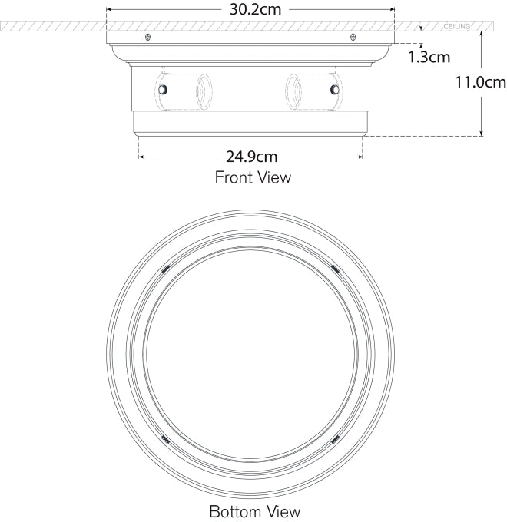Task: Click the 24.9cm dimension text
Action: [251, 157]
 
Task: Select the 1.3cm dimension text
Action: [429, 57]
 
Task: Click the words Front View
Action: [253, 178]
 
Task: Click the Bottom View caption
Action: [254, 510]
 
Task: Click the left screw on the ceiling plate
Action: [147, 38]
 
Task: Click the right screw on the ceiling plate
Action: [353, 38]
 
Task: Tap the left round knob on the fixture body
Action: [162, 90]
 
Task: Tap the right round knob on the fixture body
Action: [334, 90]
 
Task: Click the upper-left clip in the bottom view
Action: [165, 268]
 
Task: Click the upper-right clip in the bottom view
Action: [335, 268]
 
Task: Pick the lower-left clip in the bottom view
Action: [165, 439]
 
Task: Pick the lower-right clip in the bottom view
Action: [335, 439]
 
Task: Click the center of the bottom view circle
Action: [250, 353]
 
